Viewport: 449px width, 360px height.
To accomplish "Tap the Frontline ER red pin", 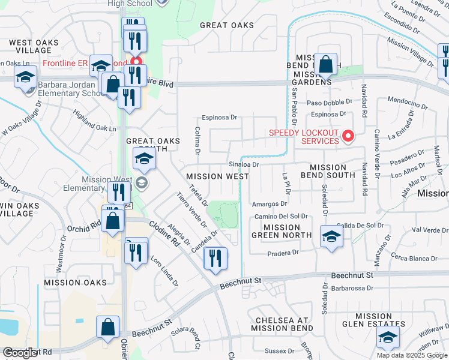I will tap(136, 62).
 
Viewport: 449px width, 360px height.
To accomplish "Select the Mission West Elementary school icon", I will tap(142, 182).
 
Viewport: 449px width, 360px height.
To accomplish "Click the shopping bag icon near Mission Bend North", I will tap(325, 64).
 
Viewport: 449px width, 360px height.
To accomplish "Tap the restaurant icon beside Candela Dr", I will tap(215, 258).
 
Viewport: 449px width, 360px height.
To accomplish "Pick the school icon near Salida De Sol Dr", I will tap(331, 236).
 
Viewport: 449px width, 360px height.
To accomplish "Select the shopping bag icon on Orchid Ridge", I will tap(113, 220).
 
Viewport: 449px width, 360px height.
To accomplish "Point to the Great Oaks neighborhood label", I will tap(226, 25).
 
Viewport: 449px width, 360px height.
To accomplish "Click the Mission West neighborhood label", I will tap(217, 176).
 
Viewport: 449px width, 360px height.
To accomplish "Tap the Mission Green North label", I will tap(282, 231).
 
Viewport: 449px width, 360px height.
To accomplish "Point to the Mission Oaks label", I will tap(74, 282).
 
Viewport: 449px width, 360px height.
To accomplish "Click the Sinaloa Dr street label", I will tap(243, 164).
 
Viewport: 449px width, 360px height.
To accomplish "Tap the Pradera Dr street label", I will tap(283, 253).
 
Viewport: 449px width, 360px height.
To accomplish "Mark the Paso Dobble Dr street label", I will tap(330, 102).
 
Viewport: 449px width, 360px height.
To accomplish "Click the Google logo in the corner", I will tap(20, 353).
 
